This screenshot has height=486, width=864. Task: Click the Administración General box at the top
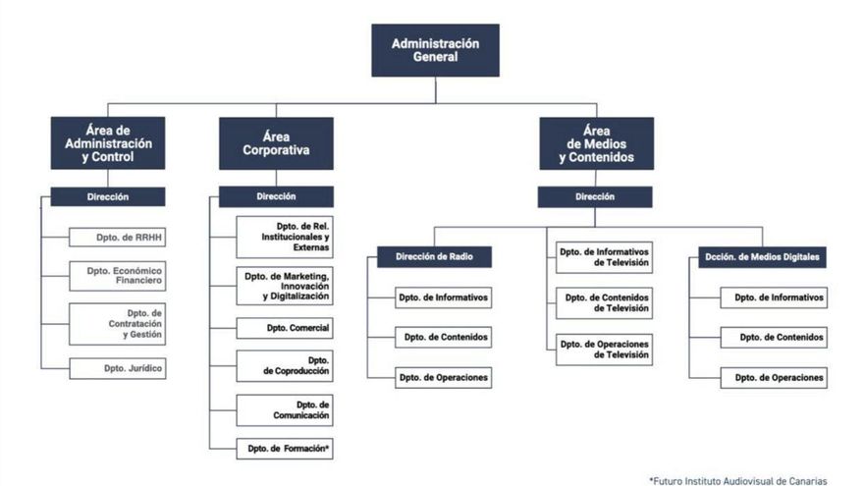pos(435,50)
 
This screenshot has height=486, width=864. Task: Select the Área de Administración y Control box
pos(108,143)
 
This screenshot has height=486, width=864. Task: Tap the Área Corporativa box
pos(276,143)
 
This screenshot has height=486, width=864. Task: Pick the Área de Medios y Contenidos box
pos(596,143)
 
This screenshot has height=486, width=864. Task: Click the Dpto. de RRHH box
pos(117,237)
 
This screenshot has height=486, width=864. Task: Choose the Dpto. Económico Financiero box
pos(117,276)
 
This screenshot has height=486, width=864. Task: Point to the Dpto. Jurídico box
pos(117,369)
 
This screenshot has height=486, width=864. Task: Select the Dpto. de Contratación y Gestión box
pos(117,323)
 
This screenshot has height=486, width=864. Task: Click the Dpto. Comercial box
pos(285,328)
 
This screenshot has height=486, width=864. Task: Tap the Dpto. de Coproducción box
pos(285,366)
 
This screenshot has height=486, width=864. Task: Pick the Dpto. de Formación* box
pos(285,449)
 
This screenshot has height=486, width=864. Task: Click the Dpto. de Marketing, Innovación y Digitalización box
pos(285,285)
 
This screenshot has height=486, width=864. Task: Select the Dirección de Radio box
pos(435,257)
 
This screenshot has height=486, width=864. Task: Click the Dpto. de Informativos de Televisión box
pos(604,257)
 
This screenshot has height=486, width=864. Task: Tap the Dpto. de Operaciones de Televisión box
pos(604,350)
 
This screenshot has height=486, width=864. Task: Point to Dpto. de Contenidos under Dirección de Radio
pos(443,337)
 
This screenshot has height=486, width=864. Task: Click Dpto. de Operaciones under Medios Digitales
pos(774,377)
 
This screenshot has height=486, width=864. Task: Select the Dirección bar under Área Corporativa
pos(276,196)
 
